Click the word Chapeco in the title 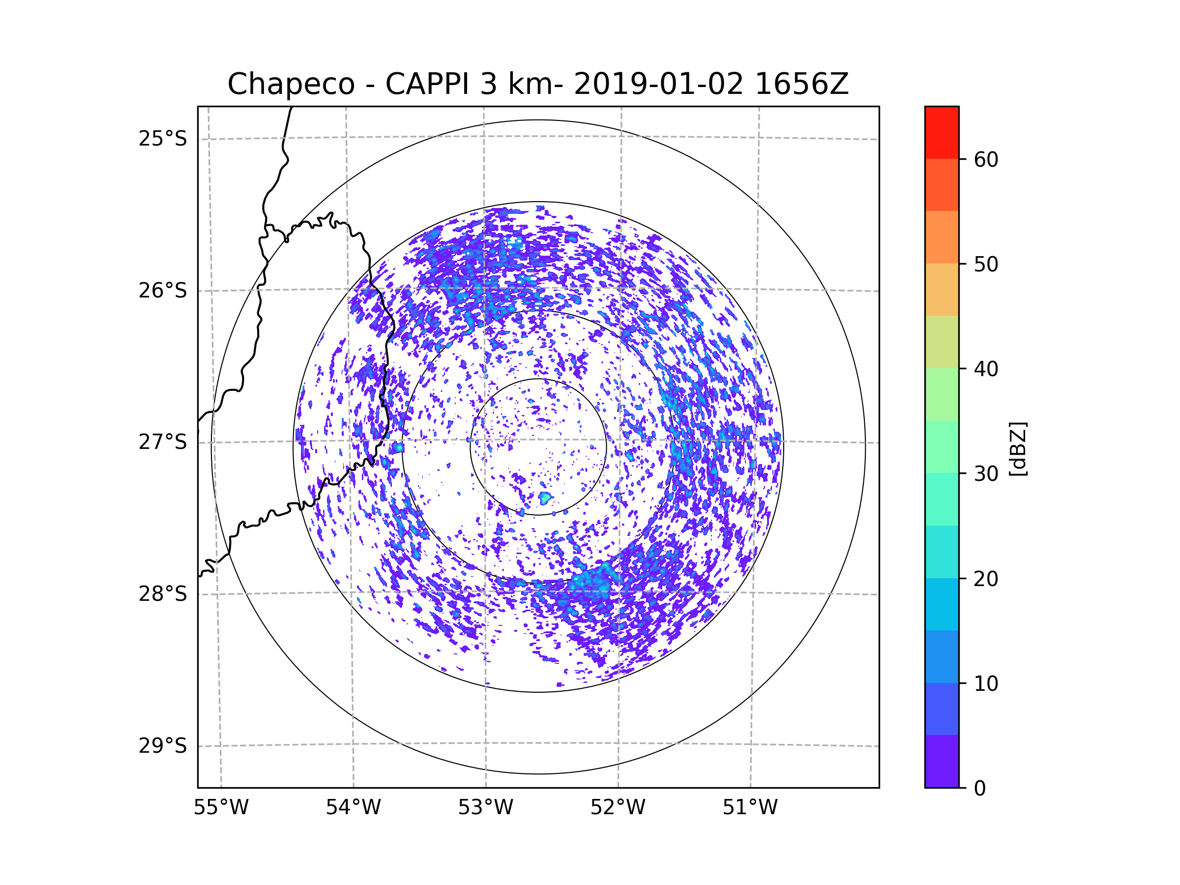tap(291, 84)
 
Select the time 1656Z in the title tap(802, 84)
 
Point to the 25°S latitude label tap(163, 139)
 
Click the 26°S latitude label tap(163, 291)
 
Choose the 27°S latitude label tap(163, 442)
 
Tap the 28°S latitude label tap(163, 594)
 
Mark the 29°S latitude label tap(163, 746)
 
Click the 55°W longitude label tap(221, 808)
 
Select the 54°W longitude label tap(353, 808)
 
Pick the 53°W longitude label tap(485, 808)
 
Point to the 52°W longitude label tap(618, 808)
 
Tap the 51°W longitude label tap(750, 808)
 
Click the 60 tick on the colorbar tap(986, 159)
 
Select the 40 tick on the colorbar tap(986, 369)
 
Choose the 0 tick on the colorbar tap(980, 789)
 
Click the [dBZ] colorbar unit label tap(1018, 448)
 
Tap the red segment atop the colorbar tap(942, 132)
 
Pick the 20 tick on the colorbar tap(986, 579)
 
